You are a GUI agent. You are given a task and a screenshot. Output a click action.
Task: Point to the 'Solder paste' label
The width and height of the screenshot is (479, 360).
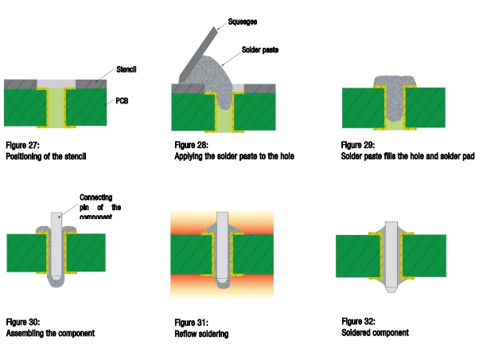263,49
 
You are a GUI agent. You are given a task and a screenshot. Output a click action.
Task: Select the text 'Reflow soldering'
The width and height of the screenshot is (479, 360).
201,334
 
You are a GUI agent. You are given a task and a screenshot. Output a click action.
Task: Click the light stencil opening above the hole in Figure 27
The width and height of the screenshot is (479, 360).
56,83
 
